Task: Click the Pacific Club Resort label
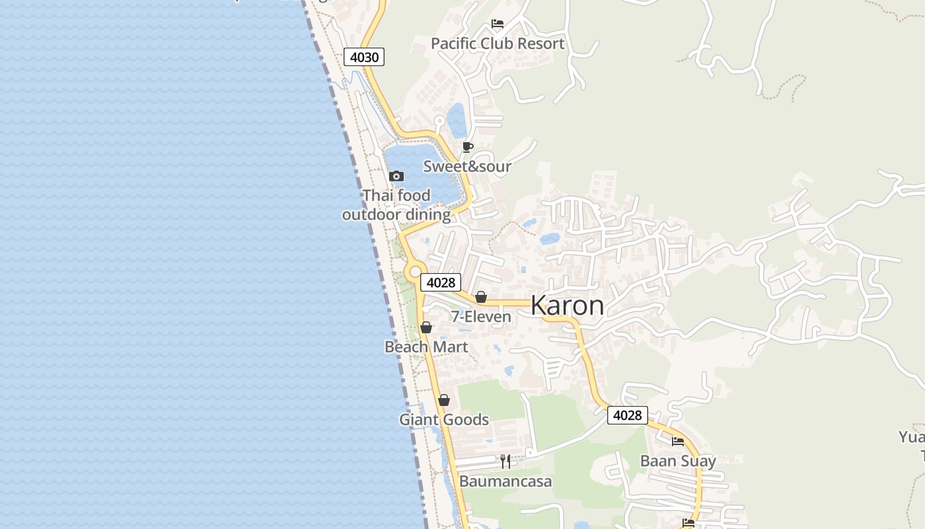point(498,44)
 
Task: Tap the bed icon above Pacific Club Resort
point(498,24)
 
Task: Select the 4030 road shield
point(364,57)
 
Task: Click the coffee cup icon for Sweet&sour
point(468,147)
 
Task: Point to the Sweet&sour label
point(467,166)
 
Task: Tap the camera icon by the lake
point(396,176)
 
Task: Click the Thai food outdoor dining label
point(396,205)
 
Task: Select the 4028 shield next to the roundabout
point(441,282)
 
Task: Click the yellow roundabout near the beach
point(416,270)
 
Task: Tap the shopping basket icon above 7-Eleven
point(481,297)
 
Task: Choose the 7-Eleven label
point(481,317)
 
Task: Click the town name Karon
point(567,305)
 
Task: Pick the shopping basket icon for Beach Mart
point(426,327)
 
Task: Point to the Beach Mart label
point(426,346)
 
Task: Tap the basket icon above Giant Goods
point(444,400)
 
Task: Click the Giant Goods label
point(444,419)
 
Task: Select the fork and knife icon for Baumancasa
point(505,461)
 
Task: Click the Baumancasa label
point(505,481)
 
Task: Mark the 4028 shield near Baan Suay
point(627,415)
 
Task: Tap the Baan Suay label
point(678,461)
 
